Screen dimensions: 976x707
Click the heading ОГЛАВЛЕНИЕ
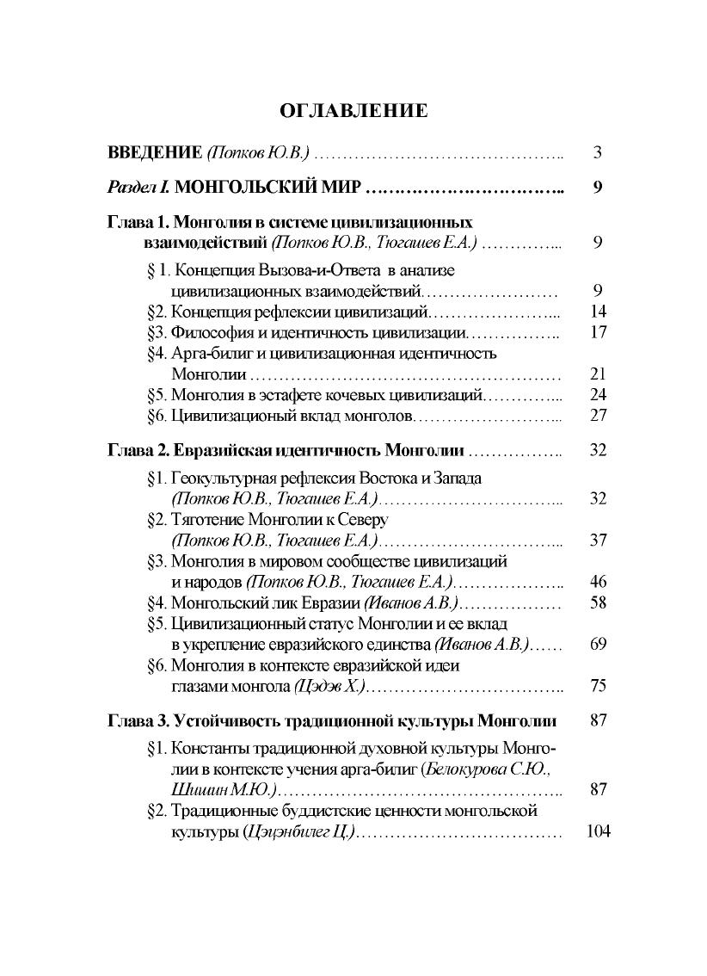coord(353,110)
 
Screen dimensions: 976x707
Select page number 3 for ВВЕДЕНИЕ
coord(597,153)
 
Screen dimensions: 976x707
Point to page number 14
coord(599,311)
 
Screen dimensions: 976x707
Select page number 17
coord(599,332)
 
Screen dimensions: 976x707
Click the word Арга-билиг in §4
coord(209,353)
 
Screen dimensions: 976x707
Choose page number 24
coord(599,395)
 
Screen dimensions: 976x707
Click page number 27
coord(599,416)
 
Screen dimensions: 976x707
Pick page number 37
coord(599,541)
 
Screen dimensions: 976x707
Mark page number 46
coord(599,582)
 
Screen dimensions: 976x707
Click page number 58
coord(599,602)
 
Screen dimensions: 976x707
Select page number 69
coord(599,644)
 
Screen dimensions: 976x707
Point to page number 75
coord(599,686)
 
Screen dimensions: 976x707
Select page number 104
coord(596,832)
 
